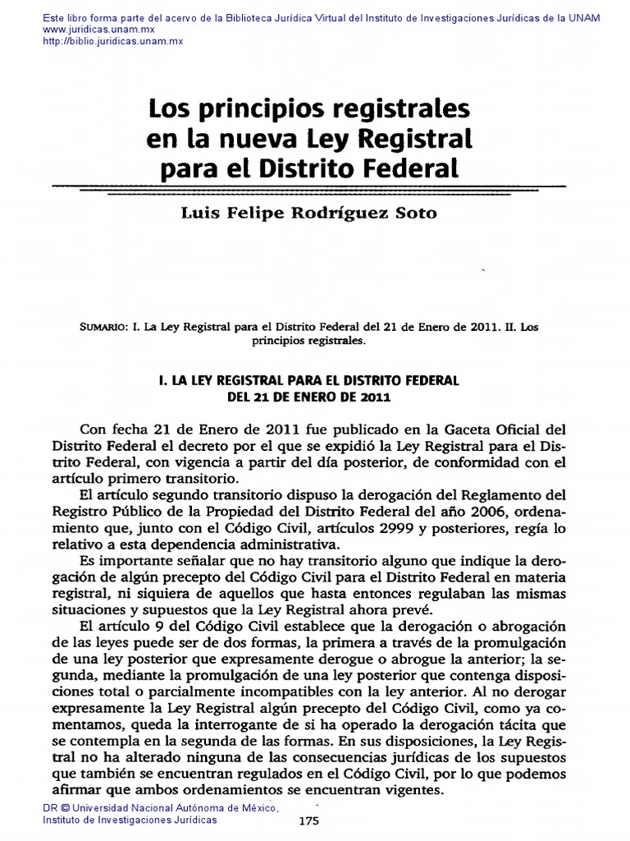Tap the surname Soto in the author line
point(417,213)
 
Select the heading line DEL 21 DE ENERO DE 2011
point(308,397)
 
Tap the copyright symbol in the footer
point(65,809)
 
